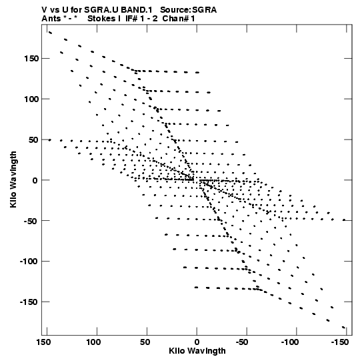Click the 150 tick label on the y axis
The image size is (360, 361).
(31, 59)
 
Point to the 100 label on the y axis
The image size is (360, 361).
(31, 99)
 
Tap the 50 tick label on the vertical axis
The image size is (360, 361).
(33, 139)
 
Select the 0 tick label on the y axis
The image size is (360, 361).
(35, 180)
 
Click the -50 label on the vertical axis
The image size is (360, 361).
(31, 221)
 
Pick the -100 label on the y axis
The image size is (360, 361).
(29, 262)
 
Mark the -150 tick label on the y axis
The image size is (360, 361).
(29, 302)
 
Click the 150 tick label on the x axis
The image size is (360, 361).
(44, 342)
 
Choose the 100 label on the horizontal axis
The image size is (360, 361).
(93, 342)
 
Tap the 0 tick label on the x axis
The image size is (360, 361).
(197, 342)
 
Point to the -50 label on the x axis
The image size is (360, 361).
(242, 342)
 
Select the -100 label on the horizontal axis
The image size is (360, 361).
(290, 342)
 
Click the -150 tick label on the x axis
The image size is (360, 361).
(340, 342)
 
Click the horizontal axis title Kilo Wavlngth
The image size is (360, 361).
(197, 351)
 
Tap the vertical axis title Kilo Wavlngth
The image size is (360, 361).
(13, 179)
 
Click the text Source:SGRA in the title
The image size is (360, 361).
(188, 10)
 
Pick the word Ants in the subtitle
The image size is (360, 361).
(51, 19)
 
